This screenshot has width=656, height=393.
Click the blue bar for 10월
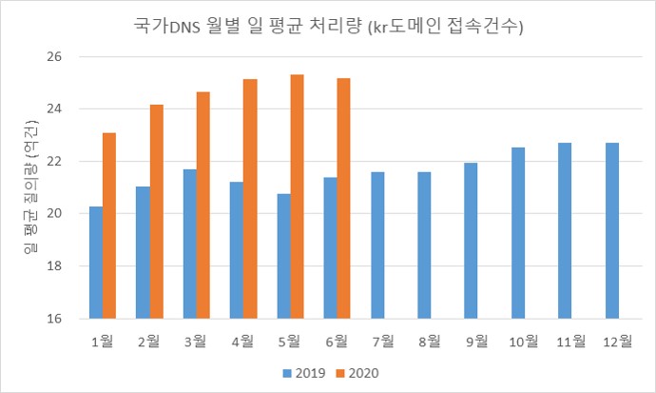[518, 233]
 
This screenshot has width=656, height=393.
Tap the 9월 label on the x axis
[477, 340]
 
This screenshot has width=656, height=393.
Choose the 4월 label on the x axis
[242, 340]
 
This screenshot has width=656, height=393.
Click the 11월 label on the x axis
[571, 340]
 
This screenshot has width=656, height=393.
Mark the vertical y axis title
[31, 188]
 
